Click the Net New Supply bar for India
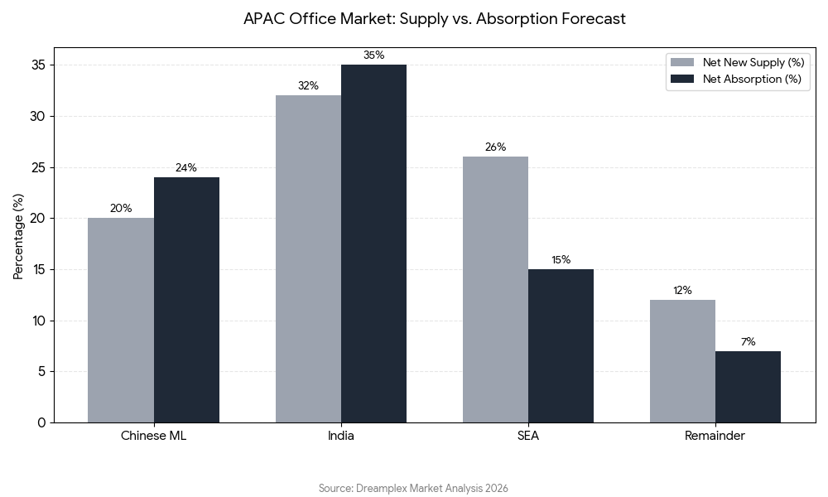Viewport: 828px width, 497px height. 308,258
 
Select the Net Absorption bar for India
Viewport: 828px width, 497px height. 373,244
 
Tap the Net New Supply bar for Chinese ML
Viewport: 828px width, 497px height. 121,320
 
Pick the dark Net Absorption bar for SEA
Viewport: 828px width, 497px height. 561,345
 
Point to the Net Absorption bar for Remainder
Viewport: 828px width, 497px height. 748,387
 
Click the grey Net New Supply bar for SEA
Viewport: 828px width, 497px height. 495,289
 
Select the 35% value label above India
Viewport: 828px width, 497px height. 373,55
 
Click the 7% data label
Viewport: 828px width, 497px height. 748,341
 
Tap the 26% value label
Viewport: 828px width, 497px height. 495,147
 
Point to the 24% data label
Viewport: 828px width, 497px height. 186,167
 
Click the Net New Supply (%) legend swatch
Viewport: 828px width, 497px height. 682,62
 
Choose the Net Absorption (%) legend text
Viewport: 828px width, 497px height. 752,80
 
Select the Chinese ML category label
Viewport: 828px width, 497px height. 153,436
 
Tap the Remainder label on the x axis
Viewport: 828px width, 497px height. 715,436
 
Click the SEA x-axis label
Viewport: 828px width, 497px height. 527,436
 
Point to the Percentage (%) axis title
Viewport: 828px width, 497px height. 18,236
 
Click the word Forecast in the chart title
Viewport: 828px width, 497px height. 593,18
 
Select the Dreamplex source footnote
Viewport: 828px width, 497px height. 413,488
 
